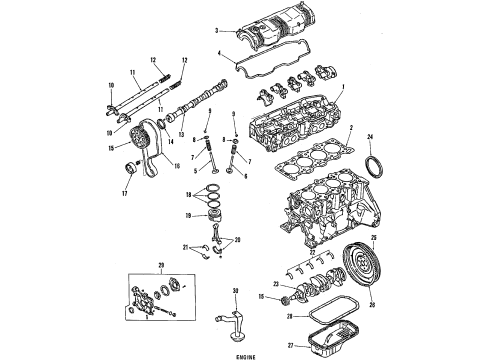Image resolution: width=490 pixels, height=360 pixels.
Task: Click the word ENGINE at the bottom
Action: [x=245, y=353]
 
